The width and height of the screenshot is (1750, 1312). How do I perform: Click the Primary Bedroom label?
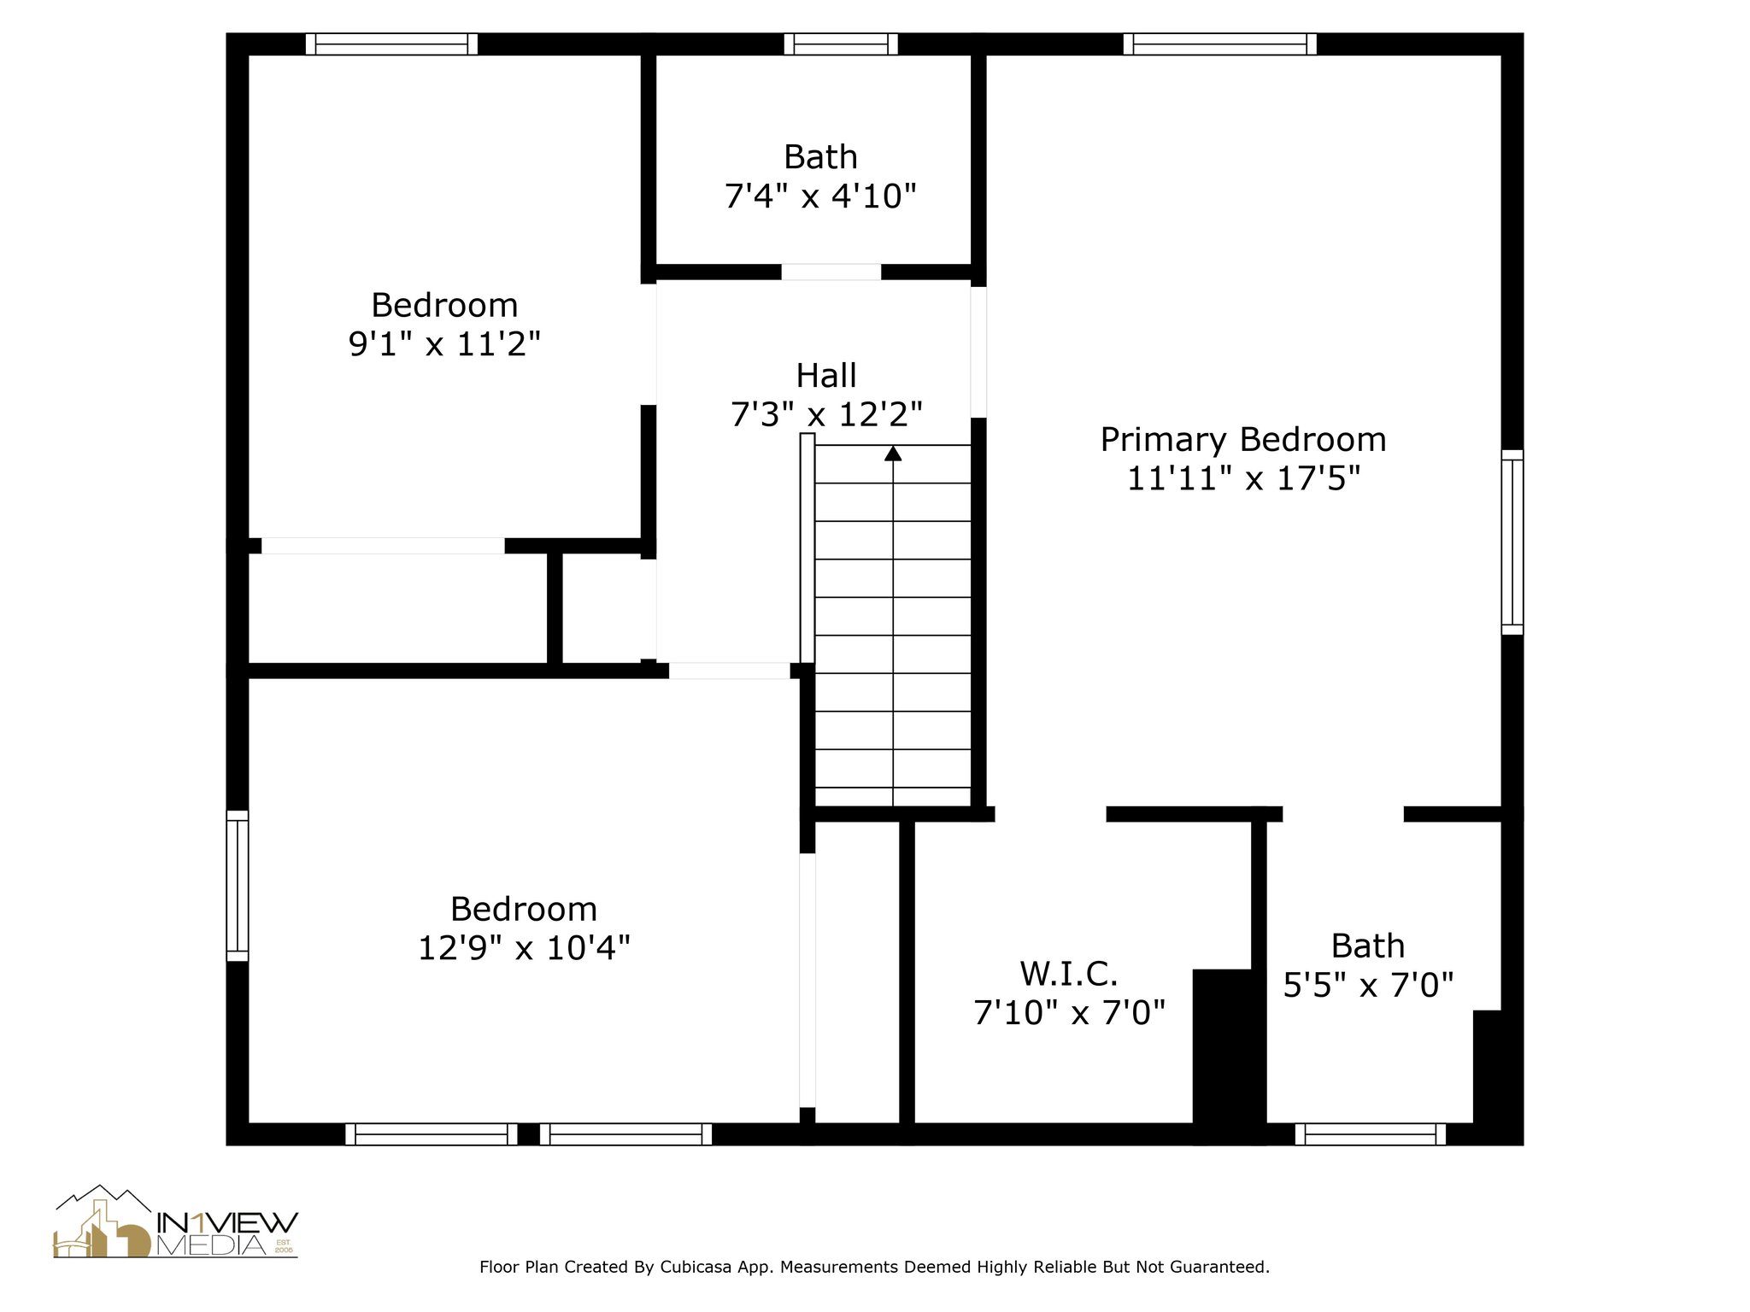[x=1242, y=440]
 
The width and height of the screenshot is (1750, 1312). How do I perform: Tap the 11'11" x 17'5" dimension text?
[x=1242, y=478]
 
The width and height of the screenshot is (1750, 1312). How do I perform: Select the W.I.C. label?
[x=1069, y=974]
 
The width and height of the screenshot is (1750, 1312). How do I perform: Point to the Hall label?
[x=826, y=376]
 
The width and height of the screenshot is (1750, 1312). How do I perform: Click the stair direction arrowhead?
[x=893, y=453]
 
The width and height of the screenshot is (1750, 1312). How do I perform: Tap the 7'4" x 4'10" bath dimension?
[x=820, y=196]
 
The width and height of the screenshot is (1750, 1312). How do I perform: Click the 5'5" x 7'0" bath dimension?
[x=1368, y=986]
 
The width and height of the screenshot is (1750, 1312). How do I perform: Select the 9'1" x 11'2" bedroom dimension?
[x=444, y=344]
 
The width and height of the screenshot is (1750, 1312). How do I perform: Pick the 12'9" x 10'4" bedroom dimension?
[x=524, y=948]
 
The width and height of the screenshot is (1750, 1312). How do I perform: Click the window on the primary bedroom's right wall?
[x=1512, y=542]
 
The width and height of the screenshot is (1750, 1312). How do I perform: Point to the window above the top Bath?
[x=841, y=44]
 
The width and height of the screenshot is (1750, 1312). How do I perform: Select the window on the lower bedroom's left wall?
[x=238, y=886]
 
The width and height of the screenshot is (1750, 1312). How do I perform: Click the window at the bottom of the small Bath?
[x=1371, y=1134]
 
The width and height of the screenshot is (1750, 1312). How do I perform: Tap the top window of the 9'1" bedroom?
[x=391, y=44]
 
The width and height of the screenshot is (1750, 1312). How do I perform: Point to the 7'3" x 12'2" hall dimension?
[x=826, y=415]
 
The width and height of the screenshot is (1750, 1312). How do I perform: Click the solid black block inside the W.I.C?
[x=1228, y=1056]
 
